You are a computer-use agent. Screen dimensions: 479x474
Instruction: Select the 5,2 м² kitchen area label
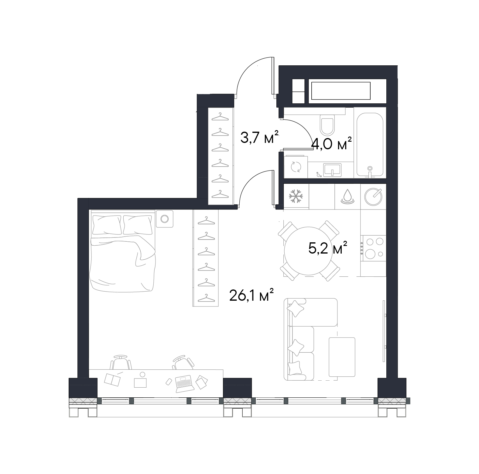[x=328, y=248]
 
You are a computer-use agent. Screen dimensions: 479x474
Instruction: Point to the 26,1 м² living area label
[x=252, y=295]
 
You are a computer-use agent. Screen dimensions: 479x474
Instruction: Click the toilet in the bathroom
[x=327, y=125]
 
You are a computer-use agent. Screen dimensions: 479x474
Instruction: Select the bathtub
[x=370, y=145]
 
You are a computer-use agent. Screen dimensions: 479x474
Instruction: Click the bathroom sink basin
[x=333, y=169]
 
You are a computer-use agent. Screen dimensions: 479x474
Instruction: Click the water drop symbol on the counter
[x=347, y=196]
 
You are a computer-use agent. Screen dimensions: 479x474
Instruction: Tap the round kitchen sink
[x=373, y=196]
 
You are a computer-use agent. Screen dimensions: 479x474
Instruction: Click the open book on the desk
[x=112, y=379]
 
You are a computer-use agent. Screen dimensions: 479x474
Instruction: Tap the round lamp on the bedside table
[x=164, y=219]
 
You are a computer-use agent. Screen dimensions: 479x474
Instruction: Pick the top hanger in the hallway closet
[x=220, y=116]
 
